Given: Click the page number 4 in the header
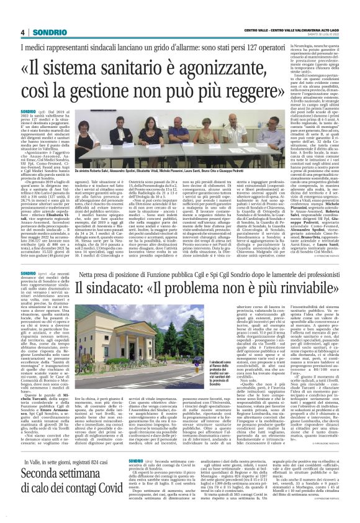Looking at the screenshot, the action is [x=22, y=32].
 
